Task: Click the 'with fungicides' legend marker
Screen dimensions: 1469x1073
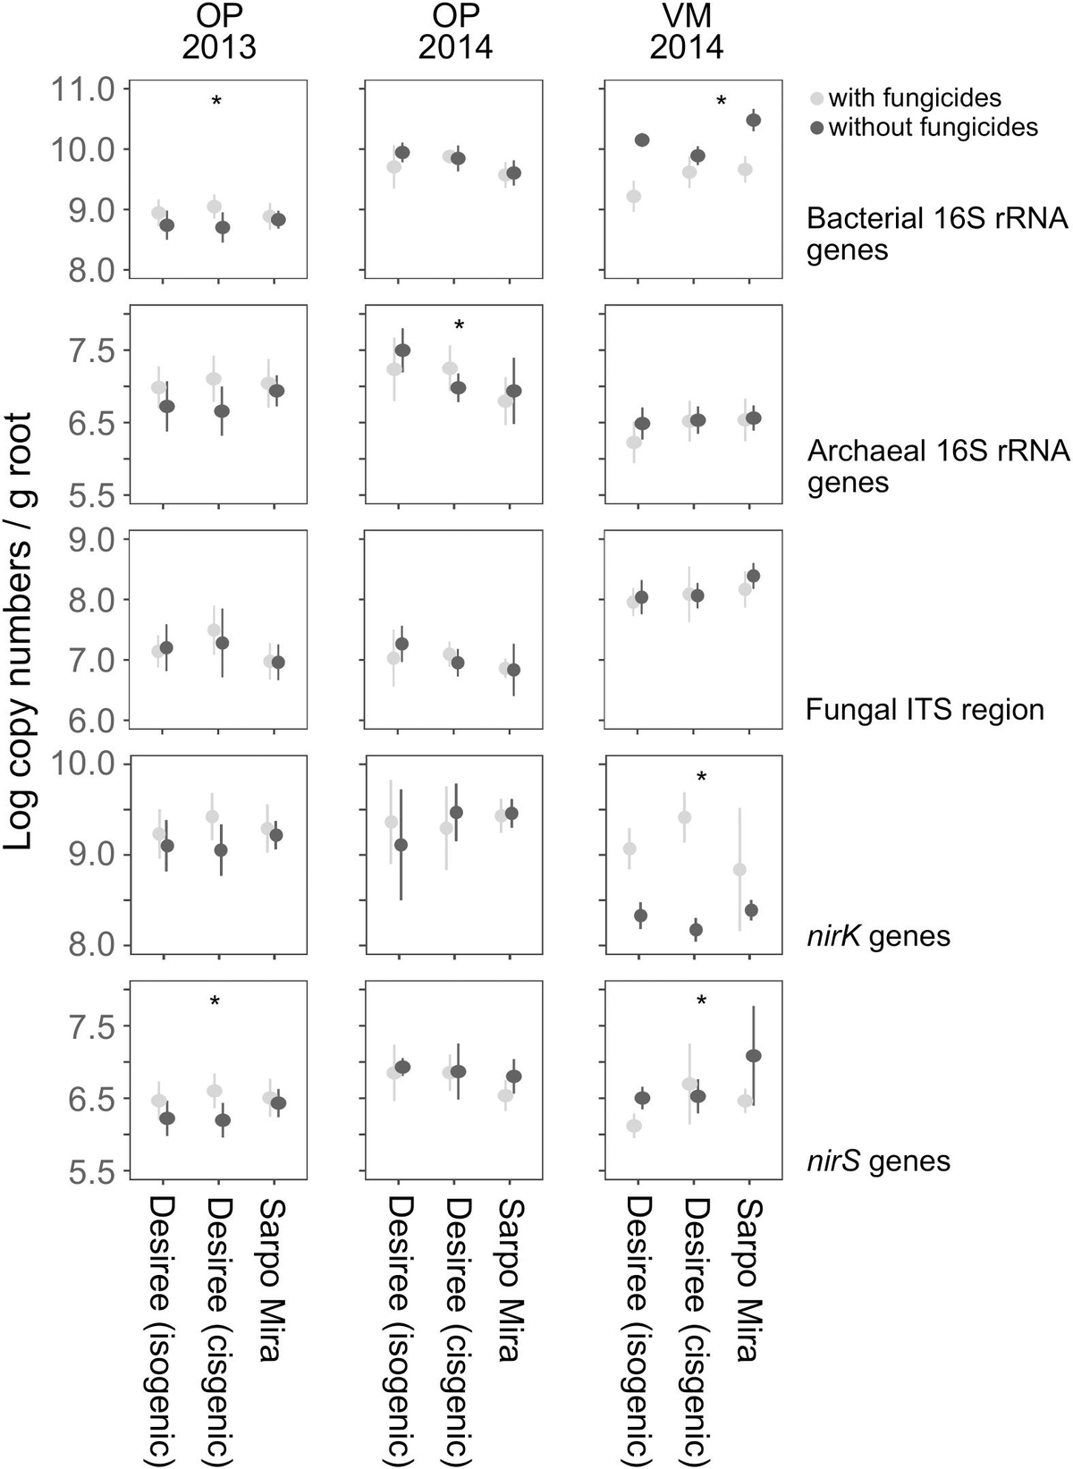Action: (x=816, y=98)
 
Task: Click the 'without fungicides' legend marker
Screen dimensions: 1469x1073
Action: (x=816, y=127)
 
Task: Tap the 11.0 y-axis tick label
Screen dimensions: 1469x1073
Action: (x=82, y=89)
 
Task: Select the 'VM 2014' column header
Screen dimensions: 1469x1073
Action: (x=686, y=31)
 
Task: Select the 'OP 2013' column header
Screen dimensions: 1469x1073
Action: (x=219, y=31)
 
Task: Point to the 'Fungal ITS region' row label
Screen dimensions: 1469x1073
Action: (x=925, y=710)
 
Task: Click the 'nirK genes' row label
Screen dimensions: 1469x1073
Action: (x=877, y=936)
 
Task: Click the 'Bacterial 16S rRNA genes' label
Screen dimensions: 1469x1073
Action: (x=937, y=233)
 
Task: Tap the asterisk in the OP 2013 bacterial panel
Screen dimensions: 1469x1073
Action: (x=216, y=103)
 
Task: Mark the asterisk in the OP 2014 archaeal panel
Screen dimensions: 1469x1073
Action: (x=460, y=325)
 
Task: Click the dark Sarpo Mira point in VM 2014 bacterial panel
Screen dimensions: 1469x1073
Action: (x=754, y=120)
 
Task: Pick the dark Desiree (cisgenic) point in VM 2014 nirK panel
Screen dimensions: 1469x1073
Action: (x=697, y=930)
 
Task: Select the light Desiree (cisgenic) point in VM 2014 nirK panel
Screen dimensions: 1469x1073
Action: (x=685, y=817)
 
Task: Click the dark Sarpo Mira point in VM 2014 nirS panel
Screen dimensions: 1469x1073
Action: (x=754, y=1056)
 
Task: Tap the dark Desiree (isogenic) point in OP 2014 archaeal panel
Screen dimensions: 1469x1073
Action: (x=402, y=350)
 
